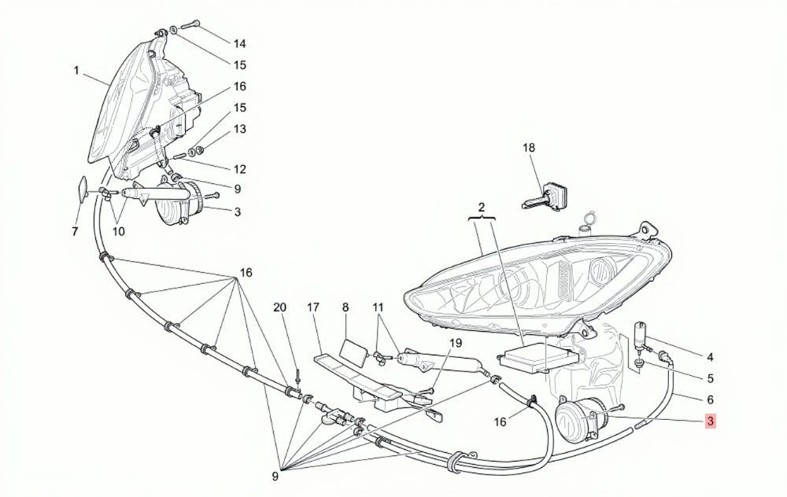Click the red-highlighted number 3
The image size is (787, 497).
(x=710, y=422)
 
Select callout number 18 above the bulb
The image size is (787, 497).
(x=529, y=147)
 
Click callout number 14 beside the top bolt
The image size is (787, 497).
(x=240, y=43)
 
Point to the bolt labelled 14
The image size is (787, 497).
(x=189, y=23)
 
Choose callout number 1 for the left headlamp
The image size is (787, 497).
(x=76, y=71)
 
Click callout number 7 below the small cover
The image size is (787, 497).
(x=75, y=232)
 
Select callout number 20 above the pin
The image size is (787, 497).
(x=279, y=307)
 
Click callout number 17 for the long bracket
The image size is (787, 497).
(x=313, y=307)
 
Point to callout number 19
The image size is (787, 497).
(x=455, y=343)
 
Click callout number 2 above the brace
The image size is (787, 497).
(x=482, y=207)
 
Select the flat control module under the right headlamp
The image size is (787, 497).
(x=526, y=357)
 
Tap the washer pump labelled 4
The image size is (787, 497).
(x=641, y=332)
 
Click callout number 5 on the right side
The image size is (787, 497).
(x=710, y=378)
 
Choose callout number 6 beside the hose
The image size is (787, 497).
(x=710, y=399)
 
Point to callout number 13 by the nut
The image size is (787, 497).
(x=240, y=129)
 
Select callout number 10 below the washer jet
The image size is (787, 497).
(x=119, y=232)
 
